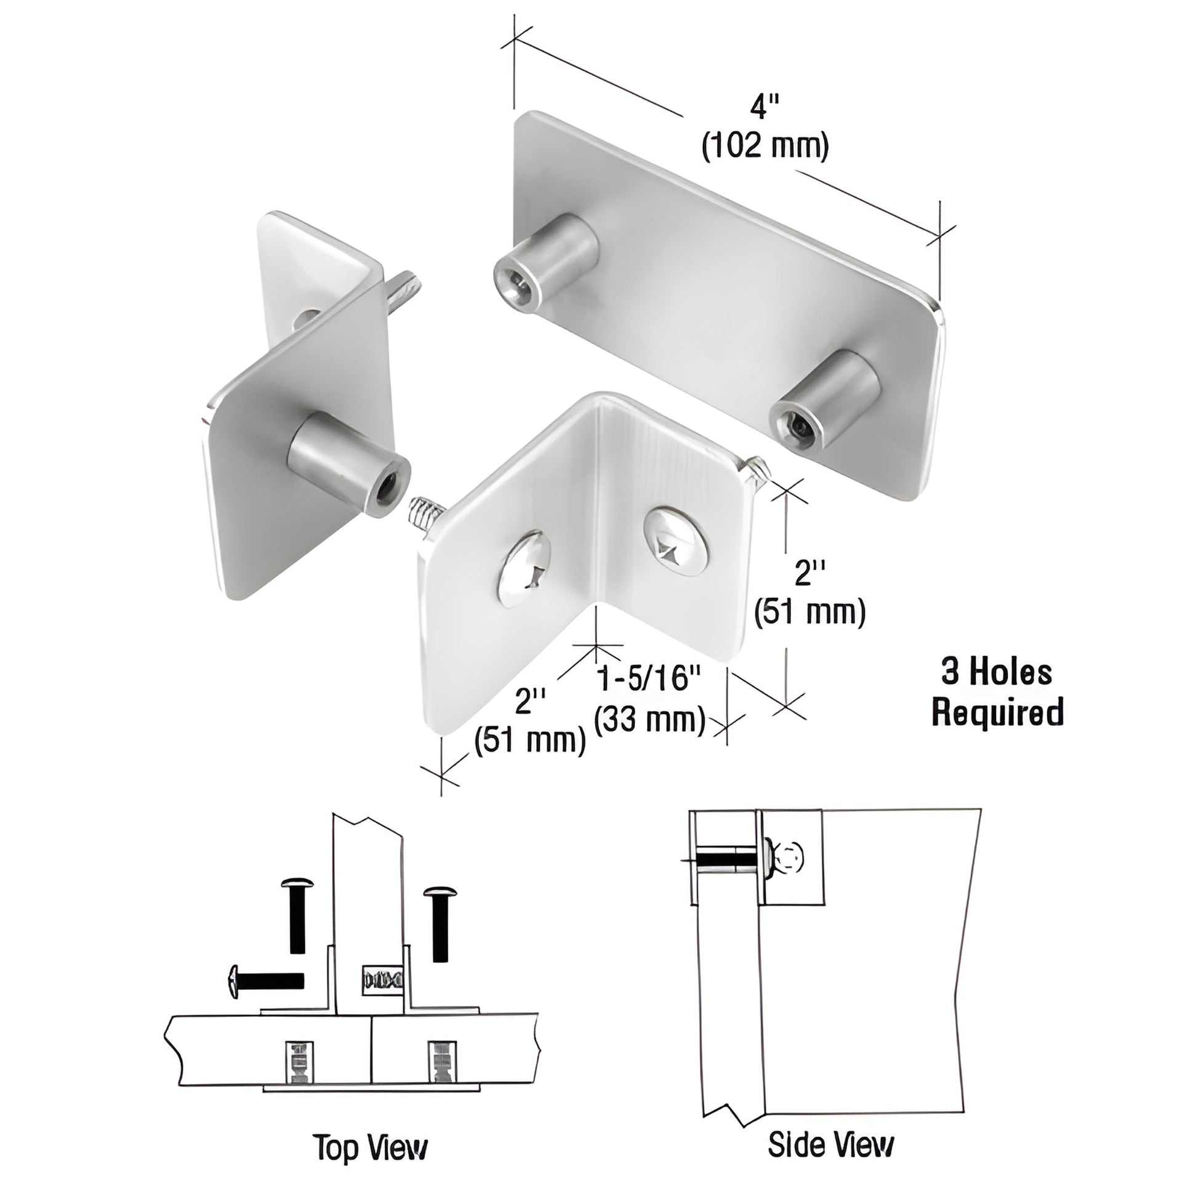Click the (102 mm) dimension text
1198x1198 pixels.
click(x=765, y=148)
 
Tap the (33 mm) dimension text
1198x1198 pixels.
click(x=649, y=720)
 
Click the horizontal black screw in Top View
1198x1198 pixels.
click(x=267, y=981)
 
